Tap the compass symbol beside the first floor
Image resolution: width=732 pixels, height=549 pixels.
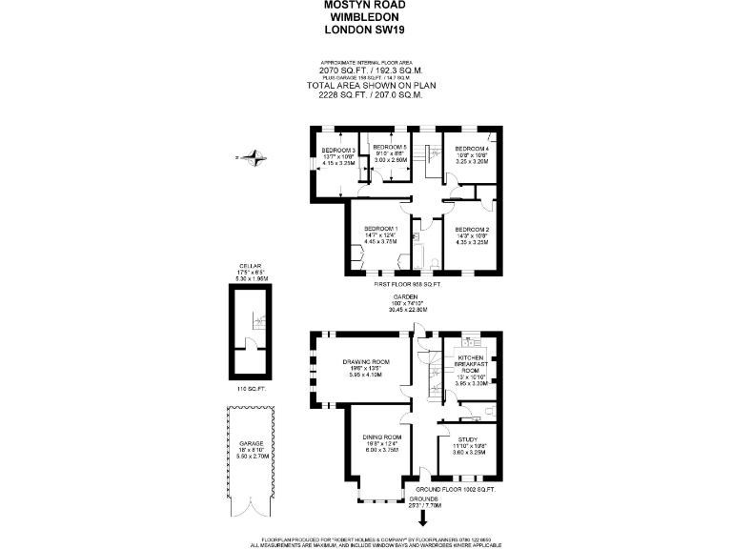coord(254,157)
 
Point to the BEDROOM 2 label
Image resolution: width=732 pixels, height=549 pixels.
coord(471,230)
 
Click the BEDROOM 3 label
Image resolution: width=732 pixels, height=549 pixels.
coord(338,151)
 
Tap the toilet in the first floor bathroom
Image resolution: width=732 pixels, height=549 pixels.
coord(434,262)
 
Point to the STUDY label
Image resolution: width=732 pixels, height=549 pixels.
coord(466,439)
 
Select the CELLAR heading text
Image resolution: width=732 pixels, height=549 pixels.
coord(251,266)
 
